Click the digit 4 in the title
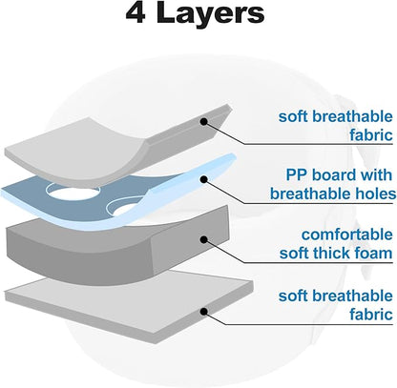[x=136, y=12]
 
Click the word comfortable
[x=347, y=235]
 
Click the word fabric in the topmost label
[x=371, y=134]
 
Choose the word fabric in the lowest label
[x=371, y=314]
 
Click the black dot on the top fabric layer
[x=204, y=121]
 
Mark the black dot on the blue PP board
[x=204, y=179]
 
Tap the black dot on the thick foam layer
[x=204, y=239]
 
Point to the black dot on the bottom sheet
[x=204, y=312]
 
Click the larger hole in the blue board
[x=73, y=192]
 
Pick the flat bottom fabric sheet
[x=127, y=305]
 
